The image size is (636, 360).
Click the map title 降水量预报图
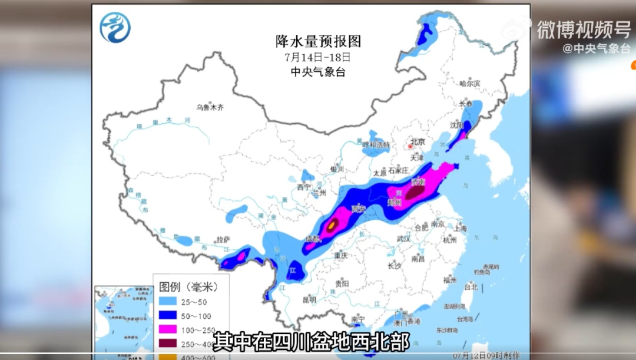click(x=318, y=42)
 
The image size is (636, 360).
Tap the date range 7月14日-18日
click(x=318, y=58)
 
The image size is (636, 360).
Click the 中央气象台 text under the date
click(x=318, y=72)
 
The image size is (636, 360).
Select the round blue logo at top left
click(x=115, y=28)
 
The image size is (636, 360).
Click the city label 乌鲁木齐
click(x=210, y=107)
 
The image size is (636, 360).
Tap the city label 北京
click(x=418, y=141)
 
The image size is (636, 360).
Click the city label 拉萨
click(x=223, y=239)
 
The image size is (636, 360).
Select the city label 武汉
click(x=403, y=239)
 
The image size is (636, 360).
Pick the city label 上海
click(x=461, y=229)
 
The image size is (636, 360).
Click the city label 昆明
click(x=309, y=299)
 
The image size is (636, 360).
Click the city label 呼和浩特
click(x=376, y=144)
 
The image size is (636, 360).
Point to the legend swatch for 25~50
click(x=171, y=302)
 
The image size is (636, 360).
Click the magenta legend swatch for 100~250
click(x=171, y=330)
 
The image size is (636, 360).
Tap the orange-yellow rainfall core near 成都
click(x=333, y=224)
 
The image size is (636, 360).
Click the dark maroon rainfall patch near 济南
click(x=416, y=191)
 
